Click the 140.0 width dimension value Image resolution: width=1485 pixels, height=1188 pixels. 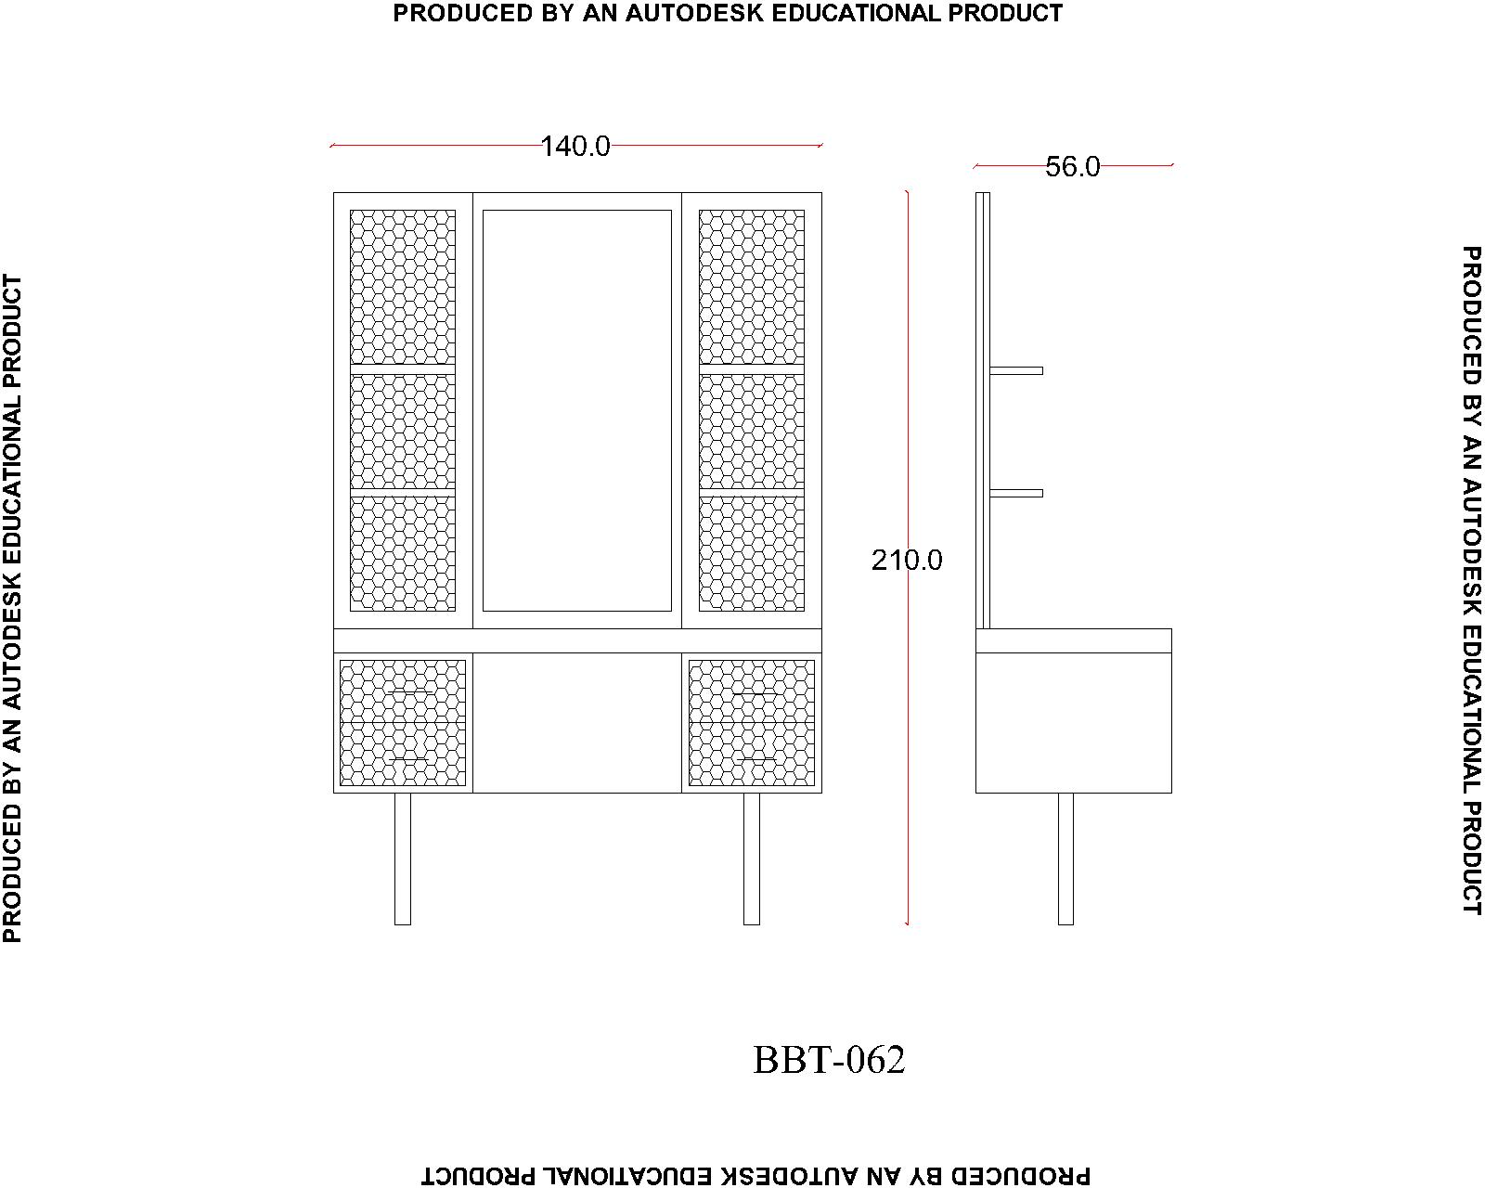(575, 147)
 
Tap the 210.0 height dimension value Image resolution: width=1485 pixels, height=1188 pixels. (907, 561)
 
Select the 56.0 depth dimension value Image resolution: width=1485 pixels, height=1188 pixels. (1072, 167)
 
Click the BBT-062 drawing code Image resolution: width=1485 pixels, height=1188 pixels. (829, 1060)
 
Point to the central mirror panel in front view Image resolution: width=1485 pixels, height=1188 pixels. (577, 410)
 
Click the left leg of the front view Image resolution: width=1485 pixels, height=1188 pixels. (403, 859)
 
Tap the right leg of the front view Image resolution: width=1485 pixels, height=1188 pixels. (752, 859)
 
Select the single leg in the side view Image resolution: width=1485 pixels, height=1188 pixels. (1065, 859)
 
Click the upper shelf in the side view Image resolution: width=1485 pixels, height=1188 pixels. (1016, 370)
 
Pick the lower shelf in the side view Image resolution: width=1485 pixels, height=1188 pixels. (1016, 493)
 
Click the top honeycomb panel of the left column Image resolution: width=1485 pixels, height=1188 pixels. (403, 287)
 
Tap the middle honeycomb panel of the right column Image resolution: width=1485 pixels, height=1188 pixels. (752, 432)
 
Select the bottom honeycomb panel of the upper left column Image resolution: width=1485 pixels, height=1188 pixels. (403, 553)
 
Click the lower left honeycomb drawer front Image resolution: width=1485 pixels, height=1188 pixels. (403, 723)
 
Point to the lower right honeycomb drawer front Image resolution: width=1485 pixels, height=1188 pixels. (752, 723)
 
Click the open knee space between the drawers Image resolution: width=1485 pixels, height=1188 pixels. (577, 723)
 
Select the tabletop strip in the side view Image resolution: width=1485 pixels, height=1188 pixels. (1073, 640)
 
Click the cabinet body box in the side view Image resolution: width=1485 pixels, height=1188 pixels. (1073, 723)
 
